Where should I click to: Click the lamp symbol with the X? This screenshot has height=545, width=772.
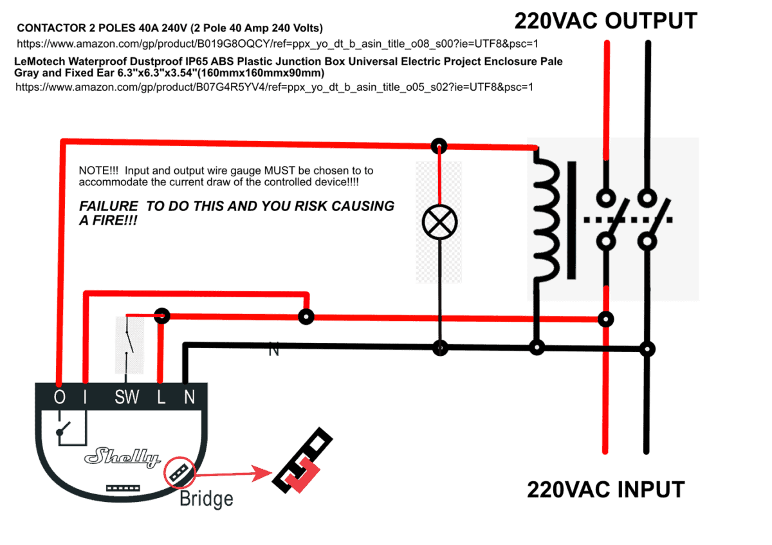439,223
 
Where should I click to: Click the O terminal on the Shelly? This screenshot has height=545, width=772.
59,398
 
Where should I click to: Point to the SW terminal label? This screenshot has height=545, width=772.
127,398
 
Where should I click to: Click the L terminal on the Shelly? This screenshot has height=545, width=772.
161,398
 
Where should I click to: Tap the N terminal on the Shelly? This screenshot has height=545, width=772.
189,398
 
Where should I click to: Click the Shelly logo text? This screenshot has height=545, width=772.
123,457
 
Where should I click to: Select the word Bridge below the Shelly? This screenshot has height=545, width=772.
206,499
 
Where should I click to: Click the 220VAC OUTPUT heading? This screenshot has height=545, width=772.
605,21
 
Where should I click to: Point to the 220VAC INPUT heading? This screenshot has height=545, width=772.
605,490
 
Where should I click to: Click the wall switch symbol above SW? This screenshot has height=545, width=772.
129,344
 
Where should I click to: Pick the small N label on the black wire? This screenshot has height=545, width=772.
274,352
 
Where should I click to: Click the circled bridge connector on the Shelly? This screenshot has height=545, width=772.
179,473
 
